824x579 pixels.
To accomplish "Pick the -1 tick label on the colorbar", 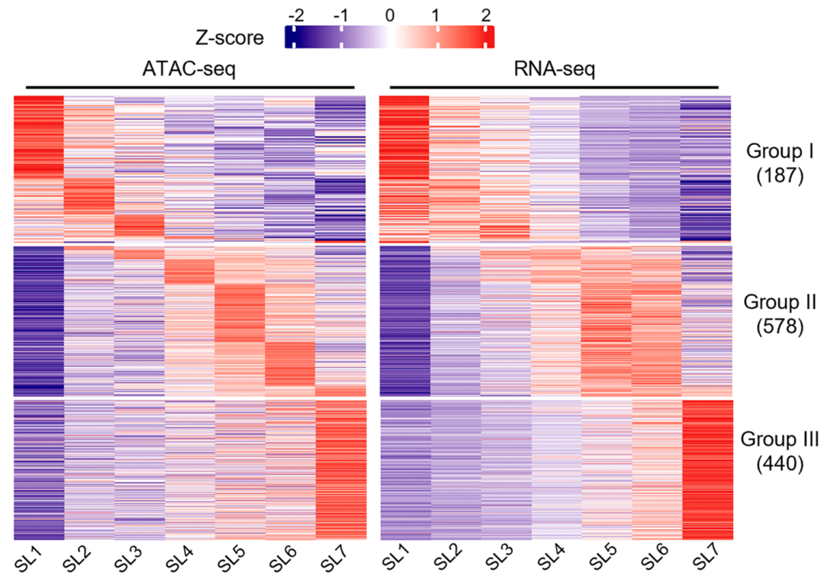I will pos(340,14).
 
